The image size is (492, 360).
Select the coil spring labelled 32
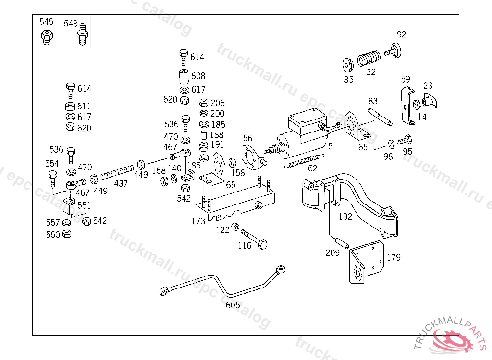click(x=369, y=59)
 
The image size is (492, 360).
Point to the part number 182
click(x=345, y=216)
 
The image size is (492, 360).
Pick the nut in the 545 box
click(x=47, y=36)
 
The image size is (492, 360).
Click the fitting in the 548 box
click(x=82, y=35)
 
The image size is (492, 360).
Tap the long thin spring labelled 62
click(x=302, y=161)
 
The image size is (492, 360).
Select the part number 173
click(x=198, y=221)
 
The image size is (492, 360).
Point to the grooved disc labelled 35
click(x=348, y=64)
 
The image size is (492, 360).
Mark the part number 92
click(x=401, y=35)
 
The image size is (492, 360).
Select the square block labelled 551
click(x=70, y=206)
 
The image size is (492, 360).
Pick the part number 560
click(x=53, y=235)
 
